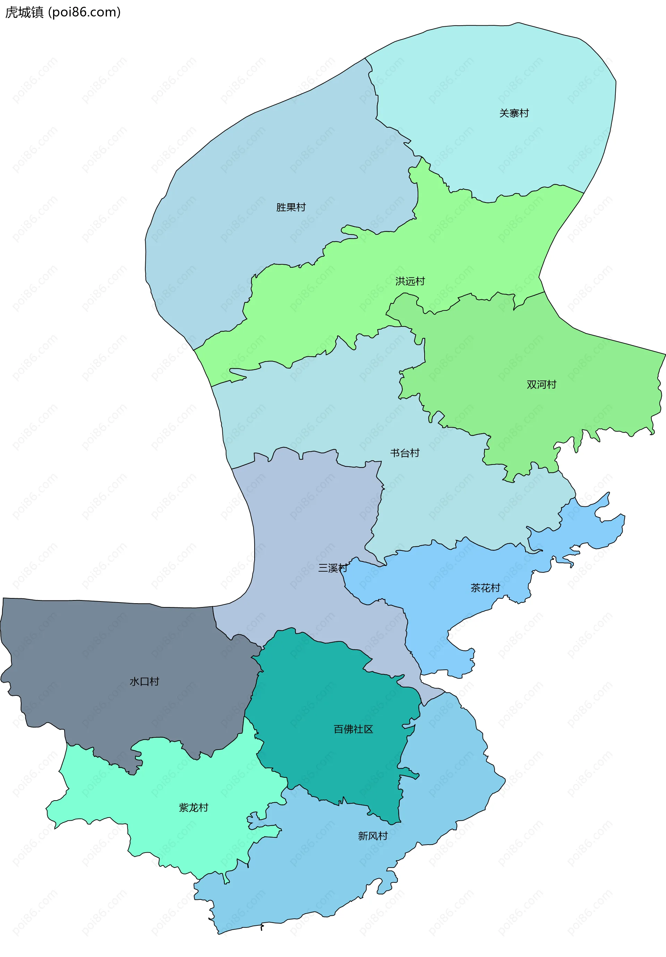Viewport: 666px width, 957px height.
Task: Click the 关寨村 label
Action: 514,113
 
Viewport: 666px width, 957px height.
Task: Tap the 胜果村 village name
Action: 291,207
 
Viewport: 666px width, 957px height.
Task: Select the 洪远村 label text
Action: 410,281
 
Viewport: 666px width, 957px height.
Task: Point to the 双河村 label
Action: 541,384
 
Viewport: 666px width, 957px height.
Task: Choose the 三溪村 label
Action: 333,568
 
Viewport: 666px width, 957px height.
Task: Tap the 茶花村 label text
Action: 485,588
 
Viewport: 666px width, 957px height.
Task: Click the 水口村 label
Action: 144,682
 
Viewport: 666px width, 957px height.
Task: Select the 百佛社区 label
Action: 353,729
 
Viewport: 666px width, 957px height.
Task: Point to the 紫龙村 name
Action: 193,808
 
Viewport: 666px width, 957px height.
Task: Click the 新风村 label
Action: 373,836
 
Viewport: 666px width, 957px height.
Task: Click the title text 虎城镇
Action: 24,12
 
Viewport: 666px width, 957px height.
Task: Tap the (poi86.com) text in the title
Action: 85,12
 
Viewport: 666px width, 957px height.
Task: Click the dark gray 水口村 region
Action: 104,650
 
